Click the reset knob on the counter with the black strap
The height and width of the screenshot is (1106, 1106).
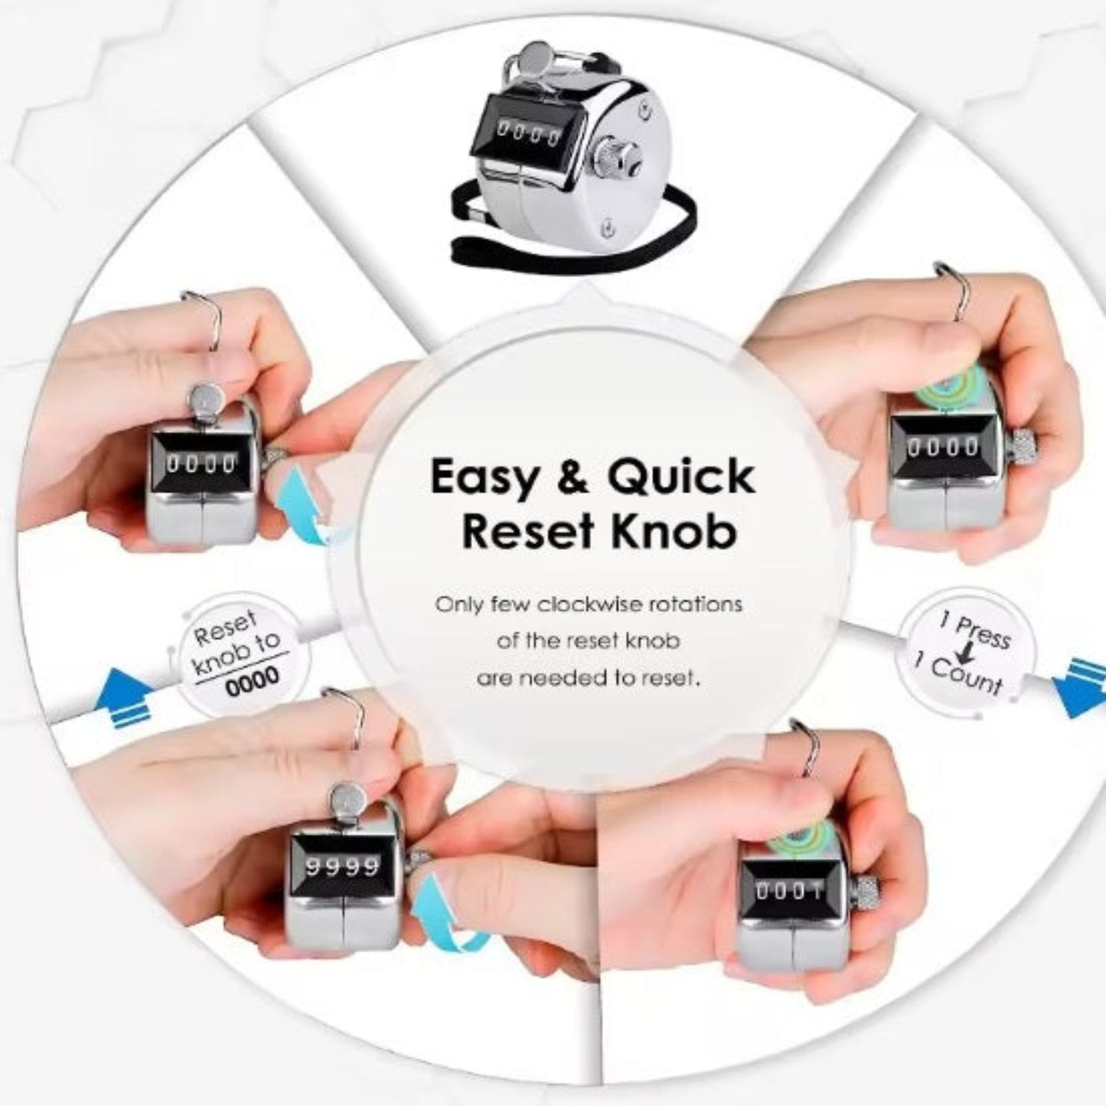click(x=616, y=157)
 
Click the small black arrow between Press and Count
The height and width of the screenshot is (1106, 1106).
click(x=967, y=654)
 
